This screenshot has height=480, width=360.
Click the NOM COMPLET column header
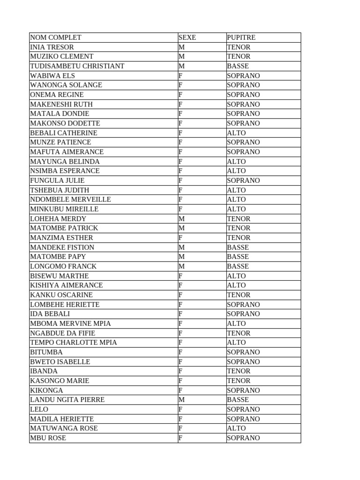point(56,37)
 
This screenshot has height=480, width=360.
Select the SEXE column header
point(187,37)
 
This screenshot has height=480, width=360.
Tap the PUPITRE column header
point(241,37)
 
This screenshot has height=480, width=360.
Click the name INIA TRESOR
point(52,47)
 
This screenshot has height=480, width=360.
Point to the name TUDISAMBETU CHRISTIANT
point(77,66)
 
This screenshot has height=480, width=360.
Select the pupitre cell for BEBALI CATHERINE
point(236,133)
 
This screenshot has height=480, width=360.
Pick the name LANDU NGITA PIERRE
point(67,400)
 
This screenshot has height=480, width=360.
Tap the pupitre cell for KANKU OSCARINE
point(239,295)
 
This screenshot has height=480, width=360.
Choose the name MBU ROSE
point(48,438)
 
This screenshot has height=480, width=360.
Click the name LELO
point(39,409)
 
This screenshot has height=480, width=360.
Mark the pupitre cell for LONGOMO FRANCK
point(238,266)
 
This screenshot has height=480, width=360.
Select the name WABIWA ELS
point(52,75)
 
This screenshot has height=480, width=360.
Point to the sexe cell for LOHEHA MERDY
point(182,218)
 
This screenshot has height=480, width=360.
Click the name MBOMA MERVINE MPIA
point(71,323)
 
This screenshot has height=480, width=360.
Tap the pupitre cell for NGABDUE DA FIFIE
point(239,333)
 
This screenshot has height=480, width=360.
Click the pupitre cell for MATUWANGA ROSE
point(236,428)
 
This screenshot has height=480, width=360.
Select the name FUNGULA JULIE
point(57,180)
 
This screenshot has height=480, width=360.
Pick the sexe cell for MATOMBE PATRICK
point(182,228)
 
